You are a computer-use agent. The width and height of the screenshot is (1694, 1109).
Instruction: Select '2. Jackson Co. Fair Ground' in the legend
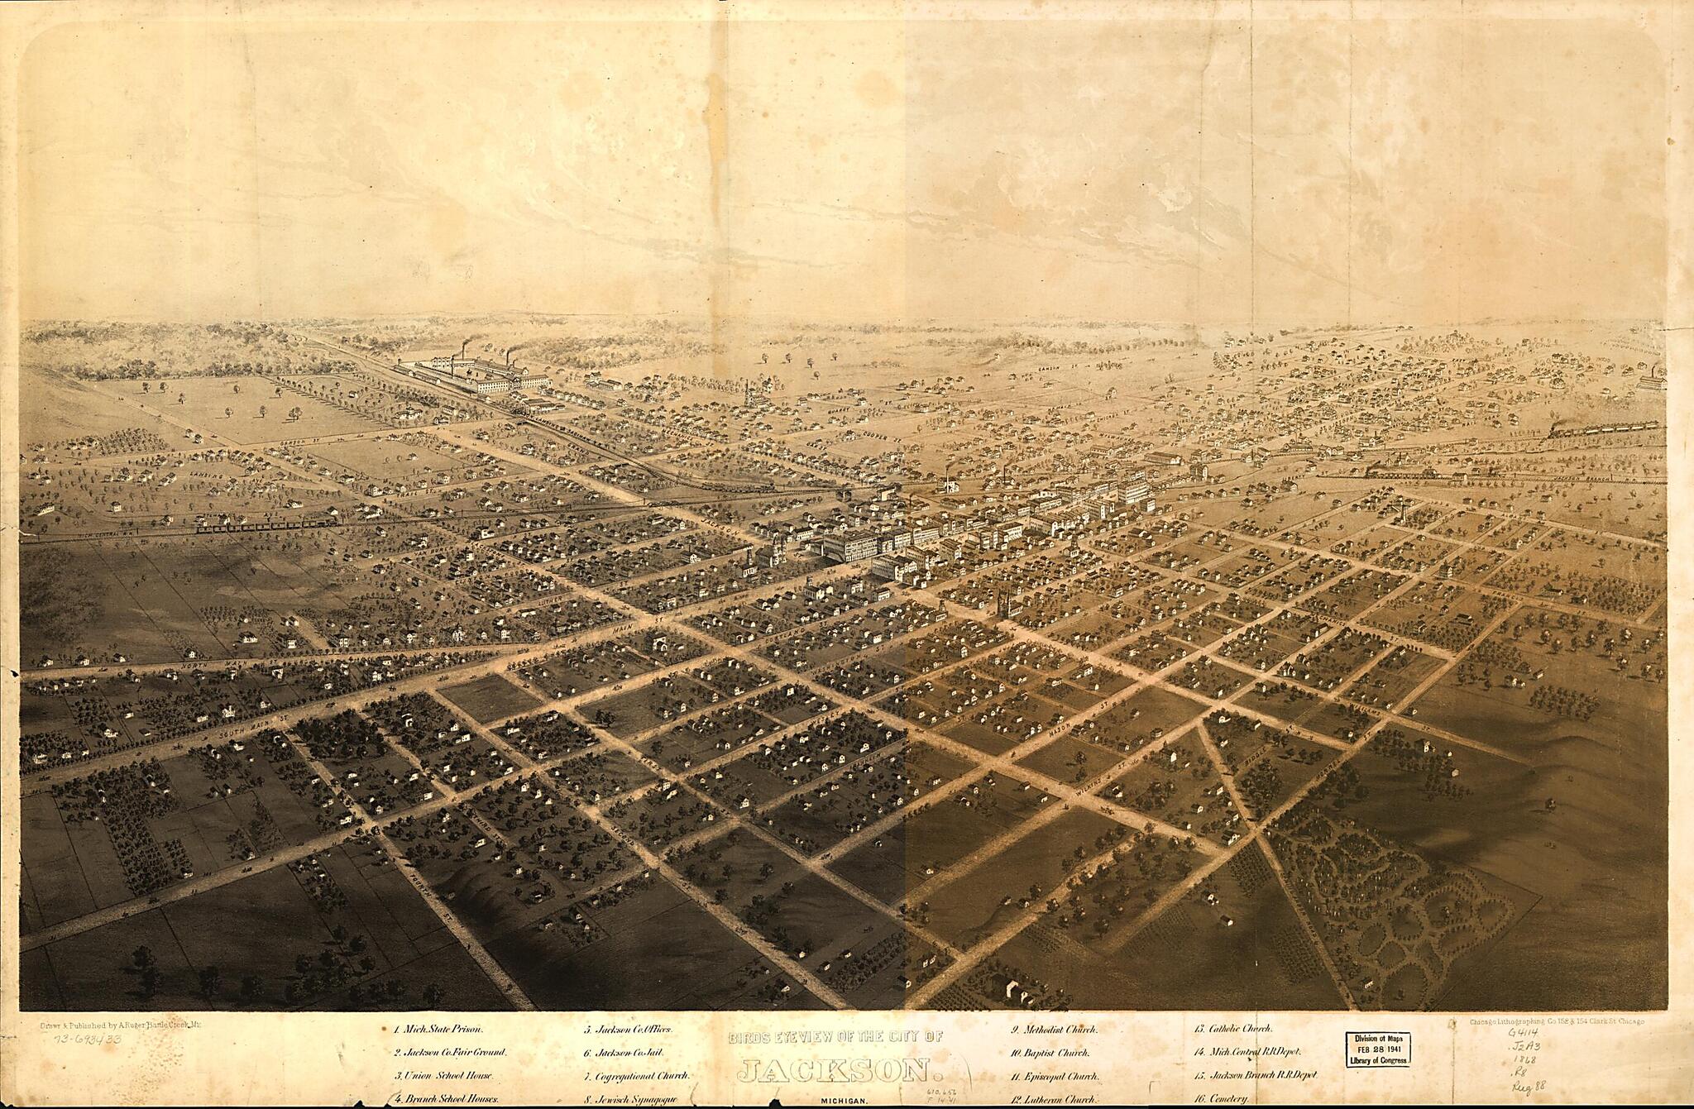pos(449,1054)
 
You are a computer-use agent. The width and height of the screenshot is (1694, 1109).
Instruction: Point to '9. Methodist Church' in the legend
pos(1053,1030)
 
